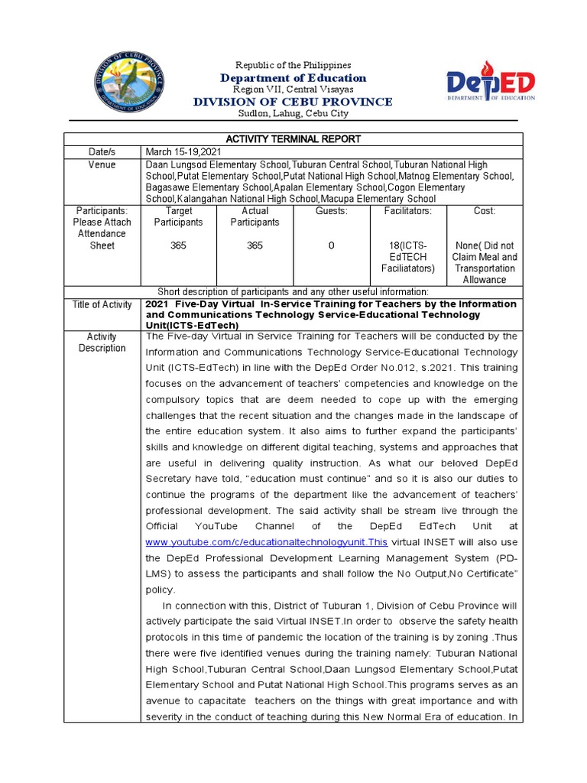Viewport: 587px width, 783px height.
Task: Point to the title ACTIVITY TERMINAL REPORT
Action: coord(293,139)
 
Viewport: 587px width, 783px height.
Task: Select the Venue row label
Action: coord(102,164)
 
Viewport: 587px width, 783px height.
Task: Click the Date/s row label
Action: coord(102,152)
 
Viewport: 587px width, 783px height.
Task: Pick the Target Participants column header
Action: coord(178,216)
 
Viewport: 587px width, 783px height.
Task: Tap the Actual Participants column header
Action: coord(255,216)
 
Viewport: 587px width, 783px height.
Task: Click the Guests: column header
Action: coord(331,211)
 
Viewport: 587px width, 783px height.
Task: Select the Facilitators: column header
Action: coord(407,211)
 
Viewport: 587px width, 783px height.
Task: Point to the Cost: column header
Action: coord(484,211)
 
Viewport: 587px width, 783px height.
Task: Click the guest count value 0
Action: coord(331,245)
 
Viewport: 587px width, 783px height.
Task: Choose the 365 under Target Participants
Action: coord(178,245)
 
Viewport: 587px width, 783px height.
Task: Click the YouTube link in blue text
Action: coord(266,542)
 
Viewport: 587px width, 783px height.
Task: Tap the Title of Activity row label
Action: coord(102,305)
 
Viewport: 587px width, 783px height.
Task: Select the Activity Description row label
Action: coord(102,343)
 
